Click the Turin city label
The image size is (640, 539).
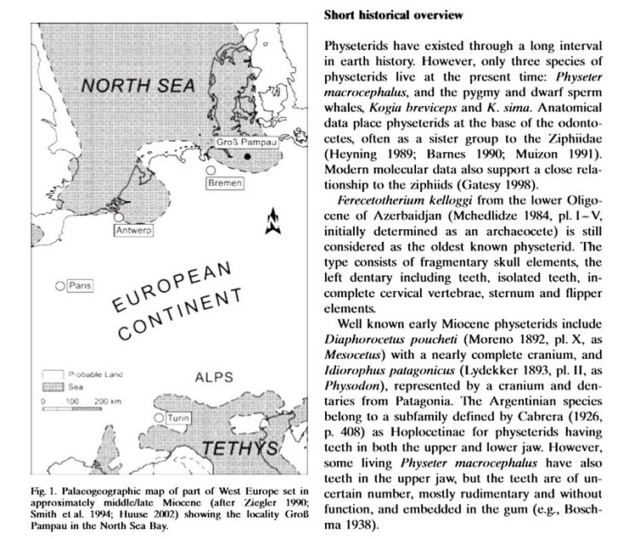click(179, 420)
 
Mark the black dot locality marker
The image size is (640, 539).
click(247, 159)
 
